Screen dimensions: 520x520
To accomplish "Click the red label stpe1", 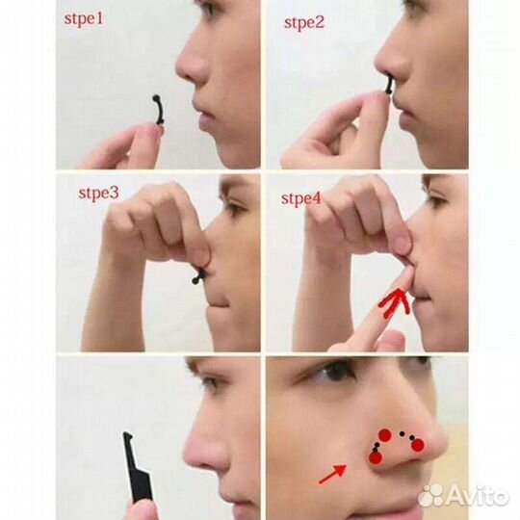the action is [84, 18].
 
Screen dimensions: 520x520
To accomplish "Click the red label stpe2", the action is [304, 23].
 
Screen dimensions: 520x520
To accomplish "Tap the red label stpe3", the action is [98, 194].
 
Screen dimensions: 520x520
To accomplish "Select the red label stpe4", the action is [301, 198].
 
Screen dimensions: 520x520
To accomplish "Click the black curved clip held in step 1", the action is [159, 110].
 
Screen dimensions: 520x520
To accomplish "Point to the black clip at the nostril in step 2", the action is [388, 86].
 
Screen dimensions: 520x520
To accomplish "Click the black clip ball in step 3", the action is [195, 280].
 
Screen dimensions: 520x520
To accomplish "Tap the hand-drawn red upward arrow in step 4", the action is [395, 302].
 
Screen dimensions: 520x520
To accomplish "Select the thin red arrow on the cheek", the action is [332, 474].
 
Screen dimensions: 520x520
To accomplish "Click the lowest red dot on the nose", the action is [376, 458].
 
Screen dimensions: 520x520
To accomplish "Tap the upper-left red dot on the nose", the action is [385, 435].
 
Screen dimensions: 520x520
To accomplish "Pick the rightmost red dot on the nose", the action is [418, 446].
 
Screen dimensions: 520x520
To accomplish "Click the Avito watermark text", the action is [477, 496].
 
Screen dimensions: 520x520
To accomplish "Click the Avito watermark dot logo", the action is [430, 496].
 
